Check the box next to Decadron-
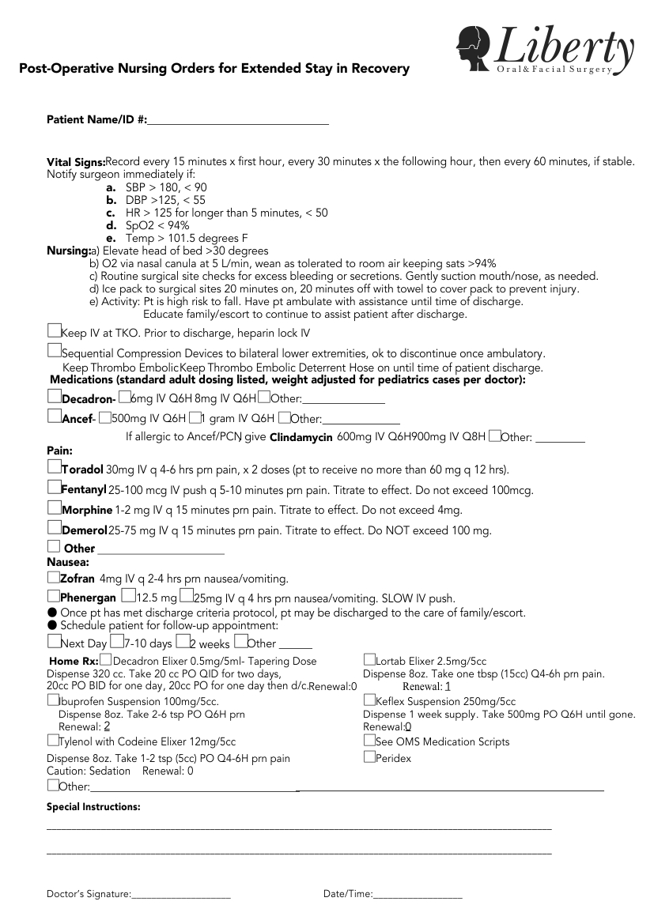tap(54, 396)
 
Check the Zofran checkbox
tap(53, 577)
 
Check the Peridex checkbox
tap(369, 756)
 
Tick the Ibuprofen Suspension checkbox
tap(52, 700)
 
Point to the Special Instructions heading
tap(93, 807)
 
